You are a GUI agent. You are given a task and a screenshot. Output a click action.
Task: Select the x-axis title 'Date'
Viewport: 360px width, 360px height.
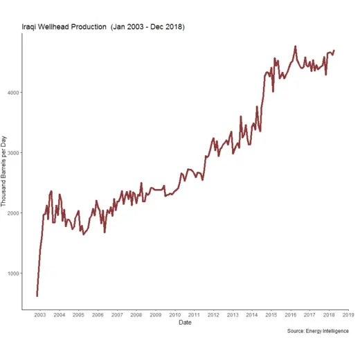185,323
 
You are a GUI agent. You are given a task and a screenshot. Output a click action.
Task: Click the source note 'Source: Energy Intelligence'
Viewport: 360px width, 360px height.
317,332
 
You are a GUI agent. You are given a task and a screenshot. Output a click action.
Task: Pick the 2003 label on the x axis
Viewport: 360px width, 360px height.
40,314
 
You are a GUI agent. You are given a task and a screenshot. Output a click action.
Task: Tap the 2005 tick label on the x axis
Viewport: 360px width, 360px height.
78,314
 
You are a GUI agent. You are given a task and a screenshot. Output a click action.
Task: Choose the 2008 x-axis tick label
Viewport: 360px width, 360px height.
136,314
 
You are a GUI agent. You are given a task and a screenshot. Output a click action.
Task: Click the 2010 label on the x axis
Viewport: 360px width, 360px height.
175,314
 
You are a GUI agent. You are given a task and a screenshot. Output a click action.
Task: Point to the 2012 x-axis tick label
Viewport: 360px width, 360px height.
213,314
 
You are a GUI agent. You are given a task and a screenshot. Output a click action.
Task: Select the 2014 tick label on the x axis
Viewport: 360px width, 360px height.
252,314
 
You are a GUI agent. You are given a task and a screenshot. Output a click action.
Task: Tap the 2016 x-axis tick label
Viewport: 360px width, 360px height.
290,314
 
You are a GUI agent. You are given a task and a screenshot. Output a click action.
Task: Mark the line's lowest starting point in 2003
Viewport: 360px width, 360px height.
37,296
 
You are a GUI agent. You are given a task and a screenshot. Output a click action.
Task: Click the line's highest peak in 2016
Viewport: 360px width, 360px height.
296,46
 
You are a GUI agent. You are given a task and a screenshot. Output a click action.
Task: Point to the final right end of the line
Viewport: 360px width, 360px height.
334,50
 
